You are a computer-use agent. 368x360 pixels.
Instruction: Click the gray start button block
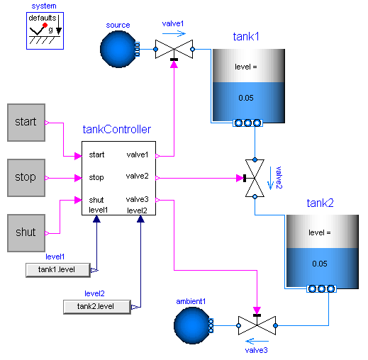point(26,122)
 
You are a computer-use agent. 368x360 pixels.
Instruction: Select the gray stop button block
point(26,177)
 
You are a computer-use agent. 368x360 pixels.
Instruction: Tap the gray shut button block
point(26,232)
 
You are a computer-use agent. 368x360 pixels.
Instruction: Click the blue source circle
point(118,49)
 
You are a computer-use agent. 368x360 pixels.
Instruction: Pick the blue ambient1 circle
point(191,326)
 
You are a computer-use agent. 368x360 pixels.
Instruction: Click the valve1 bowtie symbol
point(174,50)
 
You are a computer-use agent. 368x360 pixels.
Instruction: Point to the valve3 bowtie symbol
point(257,326)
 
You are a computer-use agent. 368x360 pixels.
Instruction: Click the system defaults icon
point(45,30)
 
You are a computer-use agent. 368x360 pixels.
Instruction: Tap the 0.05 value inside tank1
point(245,97)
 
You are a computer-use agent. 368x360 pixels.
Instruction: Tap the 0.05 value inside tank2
point(319,264)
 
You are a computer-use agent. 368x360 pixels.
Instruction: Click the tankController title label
point(116,130)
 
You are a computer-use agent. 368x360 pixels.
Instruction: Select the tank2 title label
point(320,203)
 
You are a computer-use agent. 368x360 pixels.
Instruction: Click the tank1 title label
point(247,36)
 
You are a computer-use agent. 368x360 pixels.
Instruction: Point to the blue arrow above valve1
point(174,32)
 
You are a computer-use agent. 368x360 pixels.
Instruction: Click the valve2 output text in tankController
point(138,176)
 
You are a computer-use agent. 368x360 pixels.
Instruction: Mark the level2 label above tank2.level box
point(94,293)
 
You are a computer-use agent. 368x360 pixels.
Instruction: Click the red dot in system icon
point(44,24)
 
